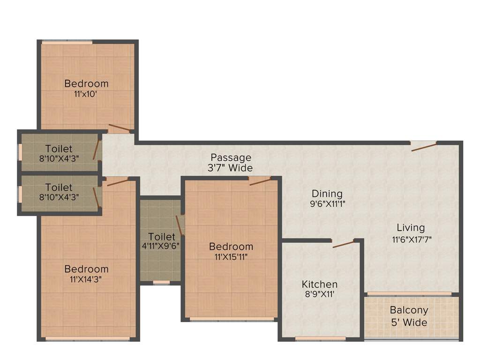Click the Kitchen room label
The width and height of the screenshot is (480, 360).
[319, 284]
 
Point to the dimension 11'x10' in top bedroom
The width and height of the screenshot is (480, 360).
[86, 94]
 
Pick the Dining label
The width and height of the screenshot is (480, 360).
[327, 193]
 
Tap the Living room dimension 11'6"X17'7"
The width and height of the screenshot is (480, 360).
[411, 239]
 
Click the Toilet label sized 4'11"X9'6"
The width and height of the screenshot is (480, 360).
[161, 237]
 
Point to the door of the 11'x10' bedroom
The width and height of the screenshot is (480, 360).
[120, 127]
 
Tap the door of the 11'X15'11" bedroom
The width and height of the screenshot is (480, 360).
[260, 181]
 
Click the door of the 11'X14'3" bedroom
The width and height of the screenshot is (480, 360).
[117, 182]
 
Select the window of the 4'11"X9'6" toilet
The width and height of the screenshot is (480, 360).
[161, 283]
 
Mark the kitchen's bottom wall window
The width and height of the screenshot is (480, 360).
[320, 338]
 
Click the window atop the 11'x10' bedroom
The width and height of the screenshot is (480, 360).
[67, 43]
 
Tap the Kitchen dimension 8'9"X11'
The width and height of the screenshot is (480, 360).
[319, 295]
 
